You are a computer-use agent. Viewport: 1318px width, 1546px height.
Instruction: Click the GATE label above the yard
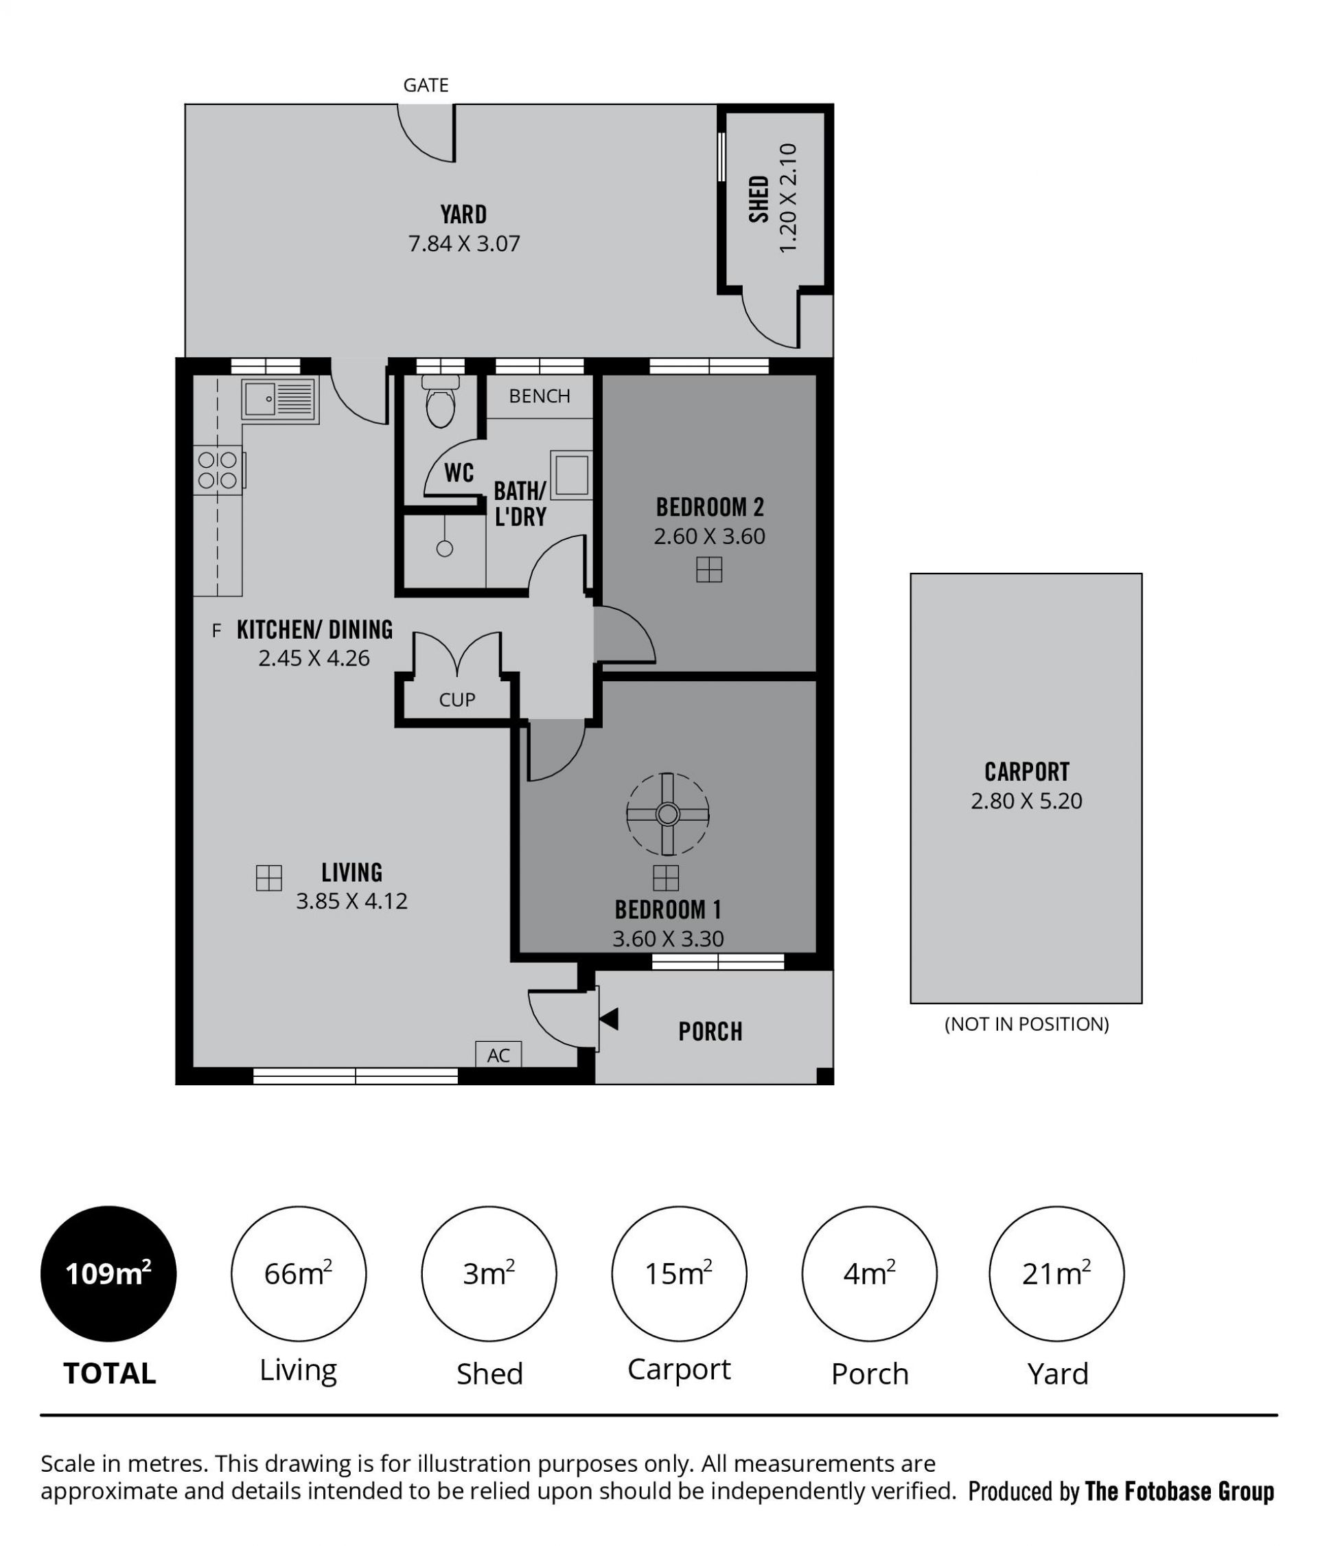click(425, 85)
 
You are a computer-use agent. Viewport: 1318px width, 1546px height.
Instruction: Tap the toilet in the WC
click(440, 400)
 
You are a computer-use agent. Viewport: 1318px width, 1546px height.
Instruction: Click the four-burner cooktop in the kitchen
click(218, 470)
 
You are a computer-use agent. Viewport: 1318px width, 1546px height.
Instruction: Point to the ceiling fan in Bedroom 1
click(667, 813)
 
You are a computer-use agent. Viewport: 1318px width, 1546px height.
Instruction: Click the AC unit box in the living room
click(498, 1054)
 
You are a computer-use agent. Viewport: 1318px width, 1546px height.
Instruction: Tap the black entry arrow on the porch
click(609, 1019)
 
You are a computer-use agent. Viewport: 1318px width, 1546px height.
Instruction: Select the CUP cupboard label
click(456, 699)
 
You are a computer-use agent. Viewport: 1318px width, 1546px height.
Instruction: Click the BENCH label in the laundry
click(540, 396)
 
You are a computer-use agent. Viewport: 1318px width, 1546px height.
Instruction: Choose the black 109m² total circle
click(108, 1273)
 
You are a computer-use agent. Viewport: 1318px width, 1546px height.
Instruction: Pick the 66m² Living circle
click(299, 1273)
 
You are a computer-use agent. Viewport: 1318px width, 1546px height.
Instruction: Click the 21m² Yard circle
click(1056, 1273)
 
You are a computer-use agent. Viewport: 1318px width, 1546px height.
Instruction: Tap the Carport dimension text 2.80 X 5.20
click(1026, 801)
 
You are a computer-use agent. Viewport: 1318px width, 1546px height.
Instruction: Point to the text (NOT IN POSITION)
click(1026, 1024)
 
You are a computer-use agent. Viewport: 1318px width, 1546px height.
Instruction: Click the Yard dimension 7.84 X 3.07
click(463, 243)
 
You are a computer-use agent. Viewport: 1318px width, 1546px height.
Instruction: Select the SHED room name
click(759, 198)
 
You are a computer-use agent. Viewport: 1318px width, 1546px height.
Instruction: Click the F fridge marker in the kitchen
click(216, 630)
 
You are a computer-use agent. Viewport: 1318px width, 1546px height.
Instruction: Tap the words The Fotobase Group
click(1179, 1492)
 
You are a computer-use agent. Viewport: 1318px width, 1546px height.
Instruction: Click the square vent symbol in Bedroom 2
click(708, 570)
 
